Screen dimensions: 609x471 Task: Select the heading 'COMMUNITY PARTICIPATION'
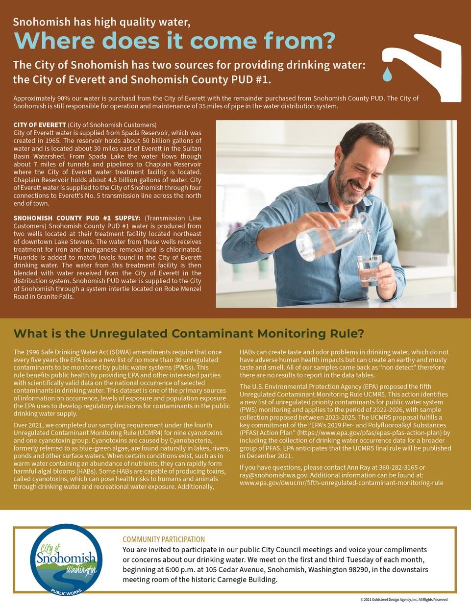164,539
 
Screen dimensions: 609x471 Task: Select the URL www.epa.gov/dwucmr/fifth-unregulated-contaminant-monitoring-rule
341,483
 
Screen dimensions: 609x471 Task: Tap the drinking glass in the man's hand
369,269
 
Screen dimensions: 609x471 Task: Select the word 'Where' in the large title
52,41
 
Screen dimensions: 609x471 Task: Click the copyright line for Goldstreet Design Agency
403,600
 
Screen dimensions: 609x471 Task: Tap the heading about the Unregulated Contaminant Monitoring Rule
189,334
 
